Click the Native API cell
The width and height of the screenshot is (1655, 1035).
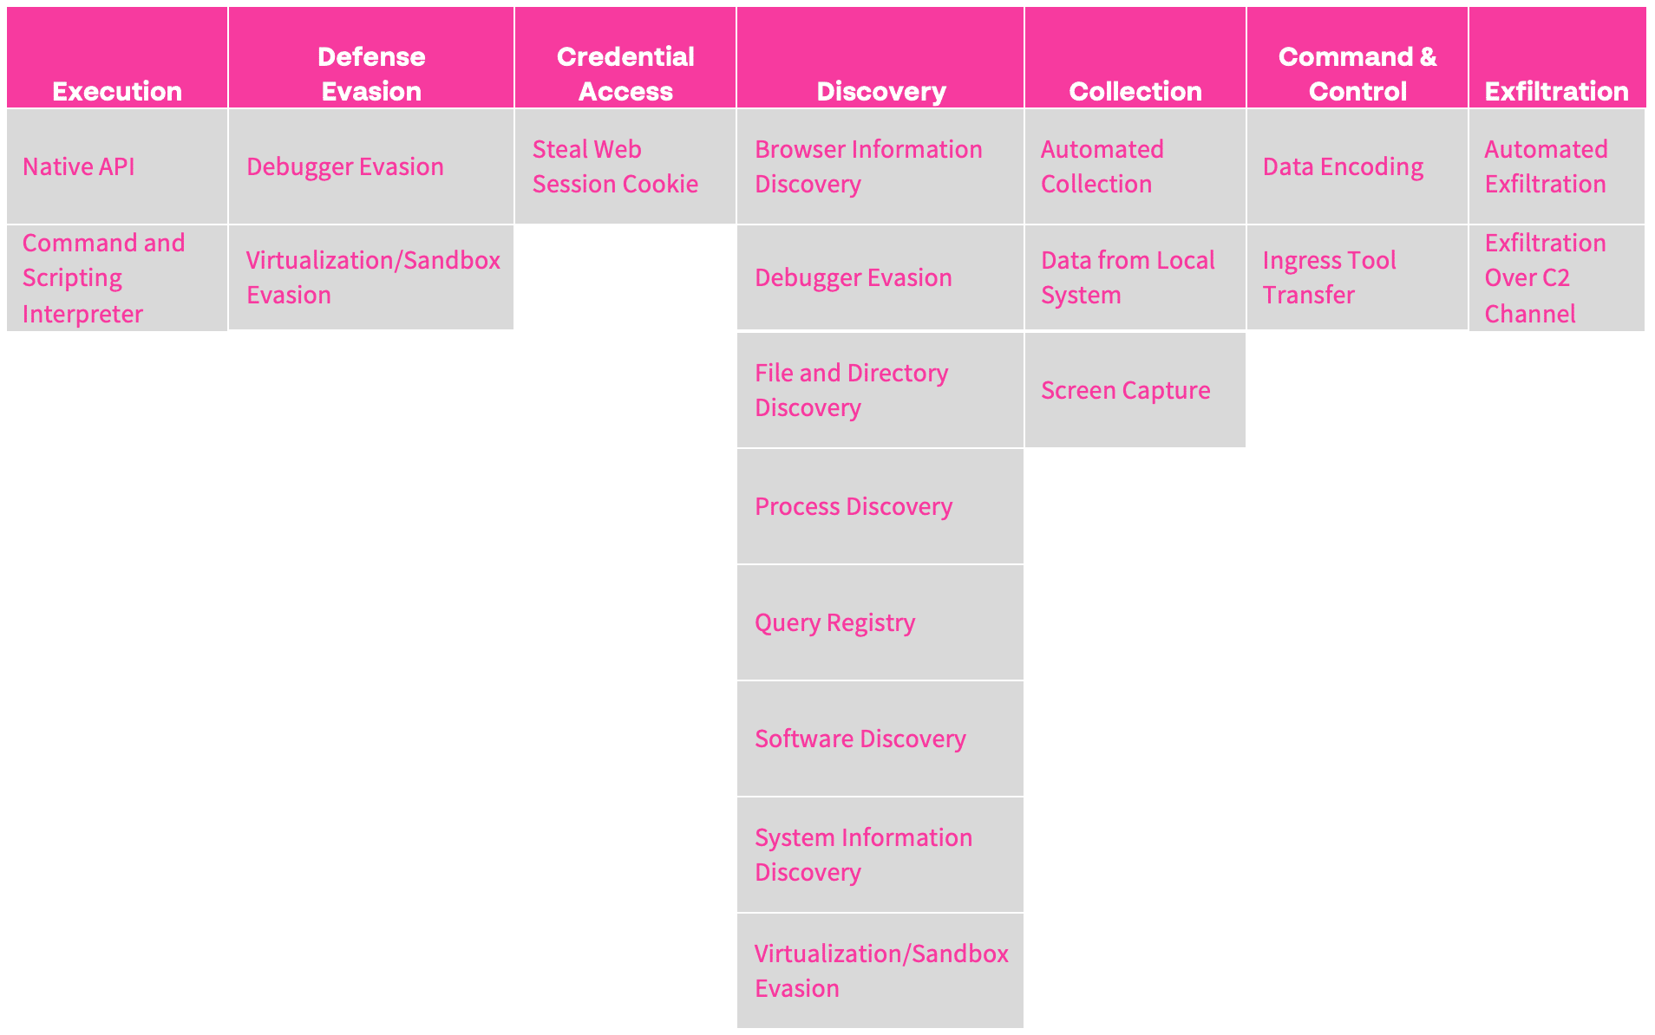click(117, 166)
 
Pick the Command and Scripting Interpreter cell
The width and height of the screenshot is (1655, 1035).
click(117, 277)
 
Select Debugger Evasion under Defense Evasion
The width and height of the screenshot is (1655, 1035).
click(371, 166)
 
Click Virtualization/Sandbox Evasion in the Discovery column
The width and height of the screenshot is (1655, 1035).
click(880, 971)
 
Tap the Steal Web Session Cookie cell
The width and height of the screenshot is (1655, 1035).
click(625, 166)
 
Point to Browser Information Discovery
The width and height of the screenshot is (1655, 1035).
click(880, 166)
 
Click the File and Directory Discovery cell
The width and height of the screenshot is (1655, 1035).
click(880, 390)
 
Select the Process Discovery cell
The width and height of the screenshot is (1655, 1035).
click(880, 506)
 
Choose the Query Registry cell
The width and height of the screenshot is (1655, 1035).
click(880, 622)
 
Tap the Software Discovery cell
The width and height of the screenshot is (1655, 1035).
click(880, 739)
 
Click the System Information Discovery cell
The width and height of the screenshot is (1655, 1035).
click(880, 855)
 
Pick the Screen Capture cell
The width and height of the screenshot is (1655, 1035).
click(1135, 390)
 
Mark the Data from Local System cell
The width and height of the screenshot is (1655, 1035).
click(1135, 277)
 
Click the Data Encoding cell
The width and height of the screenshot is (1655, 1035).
click(1357, 166)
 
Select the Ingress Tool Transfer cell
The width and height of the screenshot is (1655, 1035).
click(1357, 277)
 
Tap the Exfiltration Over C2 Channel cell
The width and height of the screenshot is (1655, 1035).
click(1557, 277)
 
